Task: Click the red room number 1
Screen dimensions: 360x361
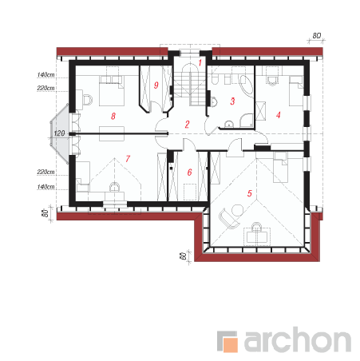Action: click(200, 62)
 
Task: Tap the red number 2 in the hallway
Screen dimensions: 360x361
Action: click(187, 125)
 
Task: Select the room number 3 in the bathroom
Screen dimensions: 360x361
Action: click(232, 101)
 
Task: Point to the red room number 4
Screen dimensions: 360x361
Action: click(279, 115)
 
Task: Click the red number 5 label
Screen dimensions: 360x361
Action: click(249, 193)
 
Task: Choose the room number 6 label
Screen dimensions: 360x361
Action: click(189, 173)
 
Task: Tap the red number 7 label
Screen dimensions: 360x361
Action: click(128, 159)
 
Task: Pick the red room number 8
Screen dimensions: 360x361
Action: click(113, 116)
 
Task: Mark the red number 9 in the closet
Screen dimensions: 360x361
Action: click(156, 85)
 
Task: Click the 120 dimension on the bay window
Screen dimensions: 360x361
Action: click(59, 133)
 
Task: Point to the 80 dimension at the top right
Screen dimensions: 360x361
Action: click(316, 35)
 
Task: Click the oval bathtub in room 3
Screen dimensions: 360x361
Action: click(246, 85)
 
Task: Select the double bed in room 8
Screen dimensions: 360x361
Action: click(112, 91)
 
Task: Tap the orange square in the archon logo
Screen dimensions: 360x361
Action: click(231, 345)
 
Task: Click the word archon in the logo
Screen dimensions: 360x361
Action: click(298, 339)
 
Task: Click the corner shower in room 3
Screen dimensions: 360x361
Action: click(247, 121)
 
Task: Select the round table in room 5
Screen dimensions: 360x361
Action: click(237, 210)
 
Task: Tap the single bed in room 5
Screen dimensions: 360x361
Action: click(280, 168)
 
